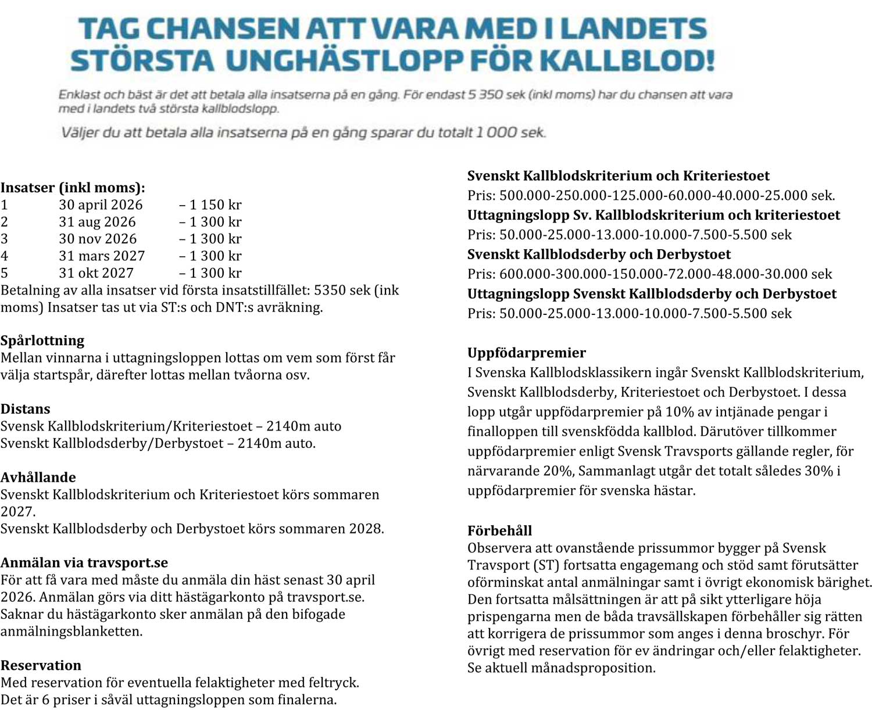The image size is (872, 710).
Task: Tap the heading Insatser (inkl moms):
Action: pos(73,188)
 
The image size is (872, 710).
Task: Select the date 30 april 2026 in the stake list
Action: pos(101,205)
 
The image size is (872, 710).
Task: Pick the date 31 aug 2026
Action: pos(97,222)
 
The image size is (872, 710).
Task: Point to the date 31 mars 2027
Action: pos(102,256)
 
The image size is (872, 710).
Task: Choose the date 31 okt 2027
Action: pos(96,273)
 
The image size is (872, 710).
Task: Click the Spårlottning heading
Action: pos(42,340)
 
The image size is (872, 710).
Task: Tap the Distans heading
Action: pos(26,409)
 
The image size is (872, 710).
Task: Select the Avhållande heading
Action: pos(38,478)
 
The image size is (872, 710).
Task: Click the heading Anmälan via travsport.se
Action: pos(84,563)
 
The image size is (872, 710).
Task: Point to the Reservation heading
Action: pos(41,666)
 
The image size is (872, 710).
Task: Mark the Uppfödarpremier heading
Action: pos(527,353)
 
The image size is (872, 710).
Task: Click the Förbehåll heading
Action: pos(500,530)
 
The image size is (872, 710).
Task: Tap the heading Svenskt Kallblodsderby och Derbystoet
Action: pos(599,254)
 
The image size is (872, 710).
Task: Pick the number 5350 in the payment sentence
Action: pos(330,291)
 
